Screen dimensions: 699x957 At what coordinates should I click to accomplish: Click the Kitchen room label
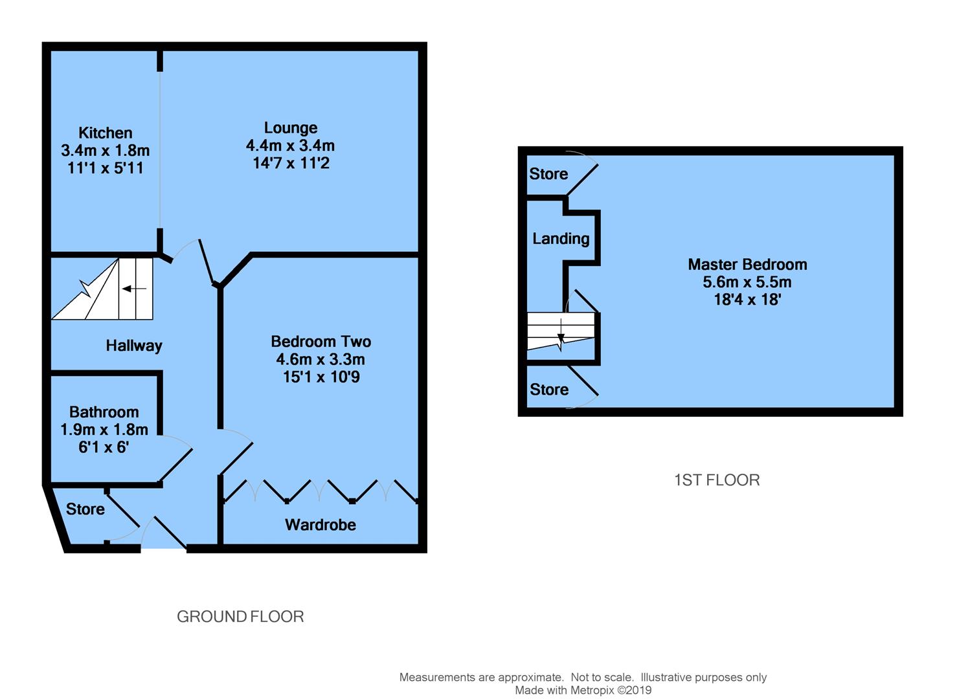[x=105, y=133]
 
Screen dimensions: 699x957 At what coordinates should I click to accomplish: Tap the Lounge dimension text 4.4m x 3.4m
[x=290, y=146]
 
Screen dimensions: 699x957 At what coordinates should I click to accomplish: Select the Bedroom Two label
[x=321, y=341]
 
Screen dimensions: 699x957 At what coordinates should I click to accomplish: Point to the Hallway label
[x=134, y=346]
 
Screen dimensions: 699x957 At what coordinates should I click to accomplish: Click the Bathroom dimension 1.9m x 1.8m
[x=104, y=429]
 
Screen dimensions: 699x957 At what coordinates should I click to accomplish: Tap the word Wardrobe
[x=321, y=525]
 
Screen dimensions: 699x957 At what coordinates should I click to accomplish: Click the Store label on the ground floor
[x=85, y=509]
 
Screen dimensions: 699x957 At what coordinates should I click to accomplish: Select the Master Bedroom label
[x=747, y=264]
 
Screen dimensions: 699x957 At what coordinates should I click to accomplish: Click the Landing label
[x=561, y=239]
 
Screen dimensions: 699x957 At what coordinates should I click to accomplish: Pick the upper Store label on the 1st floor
[x=548, y=173]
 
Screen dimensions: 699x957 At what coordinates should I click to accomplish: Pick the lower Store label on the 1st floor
[x=549, y=389]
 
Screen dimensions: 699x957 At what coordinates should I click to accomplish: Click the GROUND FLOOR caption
[x=240, y=616]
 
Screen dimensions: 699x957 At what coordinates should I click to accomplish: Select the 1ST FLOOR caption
[x=717, y=480]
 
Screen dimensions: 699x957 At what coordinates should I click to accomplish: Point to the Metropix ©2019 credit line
[x=583, y=690]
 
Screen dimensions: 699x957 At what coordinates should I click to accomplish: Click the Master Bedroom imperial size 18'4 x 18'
[x=747, y=300]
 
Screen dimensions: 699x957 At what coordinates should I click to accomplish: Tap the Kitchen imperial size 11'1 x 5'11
[x=105, y=168]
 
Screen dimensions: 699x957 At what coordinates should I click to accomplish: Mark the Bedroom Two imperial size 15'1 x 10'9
[x=321, y=377]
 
